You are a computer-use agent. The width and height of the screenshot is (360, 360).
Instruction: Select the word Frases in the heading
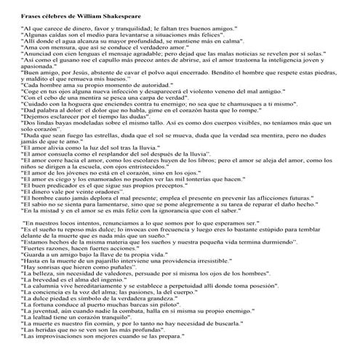(x=31, y=15)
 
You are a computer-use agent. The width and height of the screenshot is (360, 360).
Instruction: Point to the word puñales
(x=110, y=298)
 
